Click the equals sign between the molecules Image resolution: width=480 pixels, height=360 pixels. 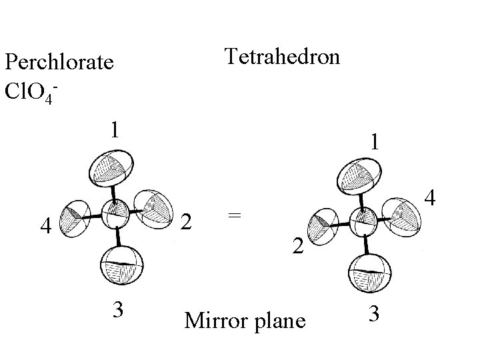(233, 215)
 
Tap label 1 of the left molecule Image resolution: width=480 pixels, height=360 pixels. (115, 128)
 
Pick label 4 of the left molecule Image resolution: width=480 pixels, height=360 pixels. (45, 226)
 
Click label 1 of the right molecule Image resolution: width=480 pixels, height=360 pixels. (377, 141)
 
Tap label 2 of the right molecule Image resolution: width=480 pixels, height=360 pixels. (299, 247)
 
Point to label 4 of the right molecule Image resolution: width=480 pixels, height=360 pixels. (430, 198)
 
